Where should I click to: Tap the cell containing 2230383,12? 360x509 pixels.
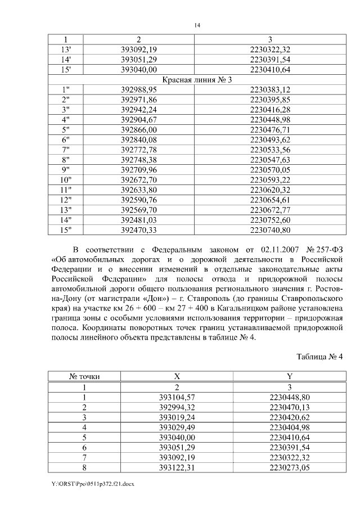tap(271, 89)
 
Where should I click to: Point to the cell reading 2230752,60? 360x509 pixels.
tap(271, 219)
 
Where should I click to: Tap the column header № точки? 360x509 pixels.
tap(84, 377)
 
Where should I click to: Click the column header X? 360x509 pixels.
tap(177, 377)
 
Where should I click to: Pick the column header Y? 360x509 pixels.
tap(290, 377)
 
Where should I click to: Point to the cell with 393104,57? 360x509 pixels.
tap(177, 397)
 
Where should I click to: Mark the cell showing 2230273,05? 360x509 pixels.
tap(290, 467)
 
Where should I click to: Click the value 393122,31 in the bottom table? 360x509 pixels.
tap(177, 467)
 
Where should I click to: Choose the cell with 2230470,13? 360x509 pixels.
tap(290, 407)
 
